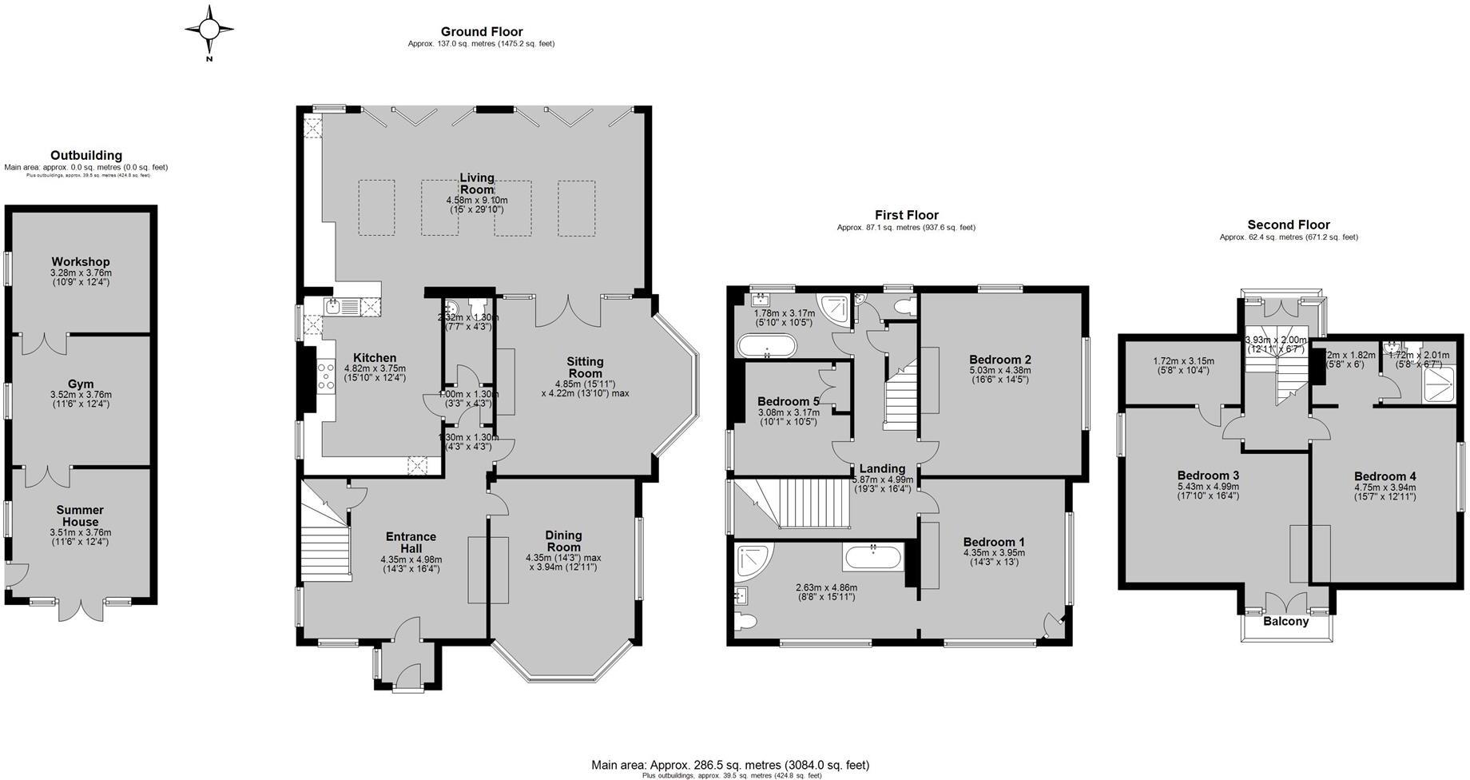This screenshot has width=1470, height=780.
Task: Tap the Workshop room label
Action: click(81, 262)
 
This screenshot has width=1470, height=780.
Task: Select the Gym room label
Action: click(81, 384)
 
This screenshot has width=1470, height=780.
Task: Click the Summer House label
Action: click(80, 515)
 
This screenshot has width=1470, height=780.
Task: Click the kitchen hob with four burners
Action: click(326, 376)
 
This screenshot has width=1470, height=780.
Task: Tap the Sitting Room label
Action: click(585, 367)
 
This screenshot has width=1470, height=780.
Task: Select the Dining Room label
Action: click(563, 541)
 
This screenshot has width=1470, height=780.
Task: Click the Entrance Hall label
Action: click(411, 542)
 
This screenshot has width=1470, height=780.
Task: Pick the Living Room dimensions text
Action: click(477, 205)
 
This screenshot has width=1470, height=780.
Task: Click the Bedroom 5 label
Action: click(789, 401)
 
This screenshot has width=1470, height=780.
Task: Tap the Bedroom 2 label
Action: click(999, 359)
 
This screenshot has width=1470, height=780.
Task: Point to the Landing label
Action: click(882, 468)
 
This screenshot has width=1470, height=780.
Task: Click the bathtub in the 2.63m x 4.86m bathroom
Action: click(873, 556)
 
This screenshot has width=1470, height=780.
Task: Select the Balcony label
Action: click(1285, 622)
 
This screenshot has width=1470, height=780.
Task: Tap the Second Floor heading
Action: click(1288, 225)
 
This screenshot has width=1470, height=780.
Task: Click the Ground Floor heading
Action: click(482, 32)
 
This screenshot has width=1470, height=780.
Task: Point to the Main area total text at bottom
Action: click(730, 765)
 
